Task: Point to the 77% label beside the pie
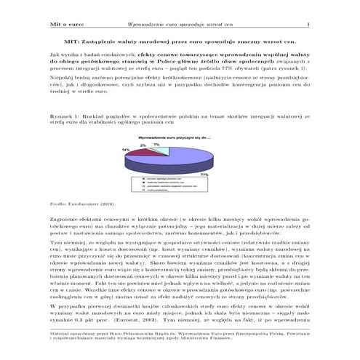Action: pyautogui.click(x=204, y=174)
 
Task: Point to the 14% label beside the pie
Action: pyautogui.click(x=126, y=149)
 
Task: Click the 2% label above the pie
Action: pyautogui.click(x=143, y=145)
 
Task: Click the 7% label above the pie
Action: pyautogui.click(x=156, y=144)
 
